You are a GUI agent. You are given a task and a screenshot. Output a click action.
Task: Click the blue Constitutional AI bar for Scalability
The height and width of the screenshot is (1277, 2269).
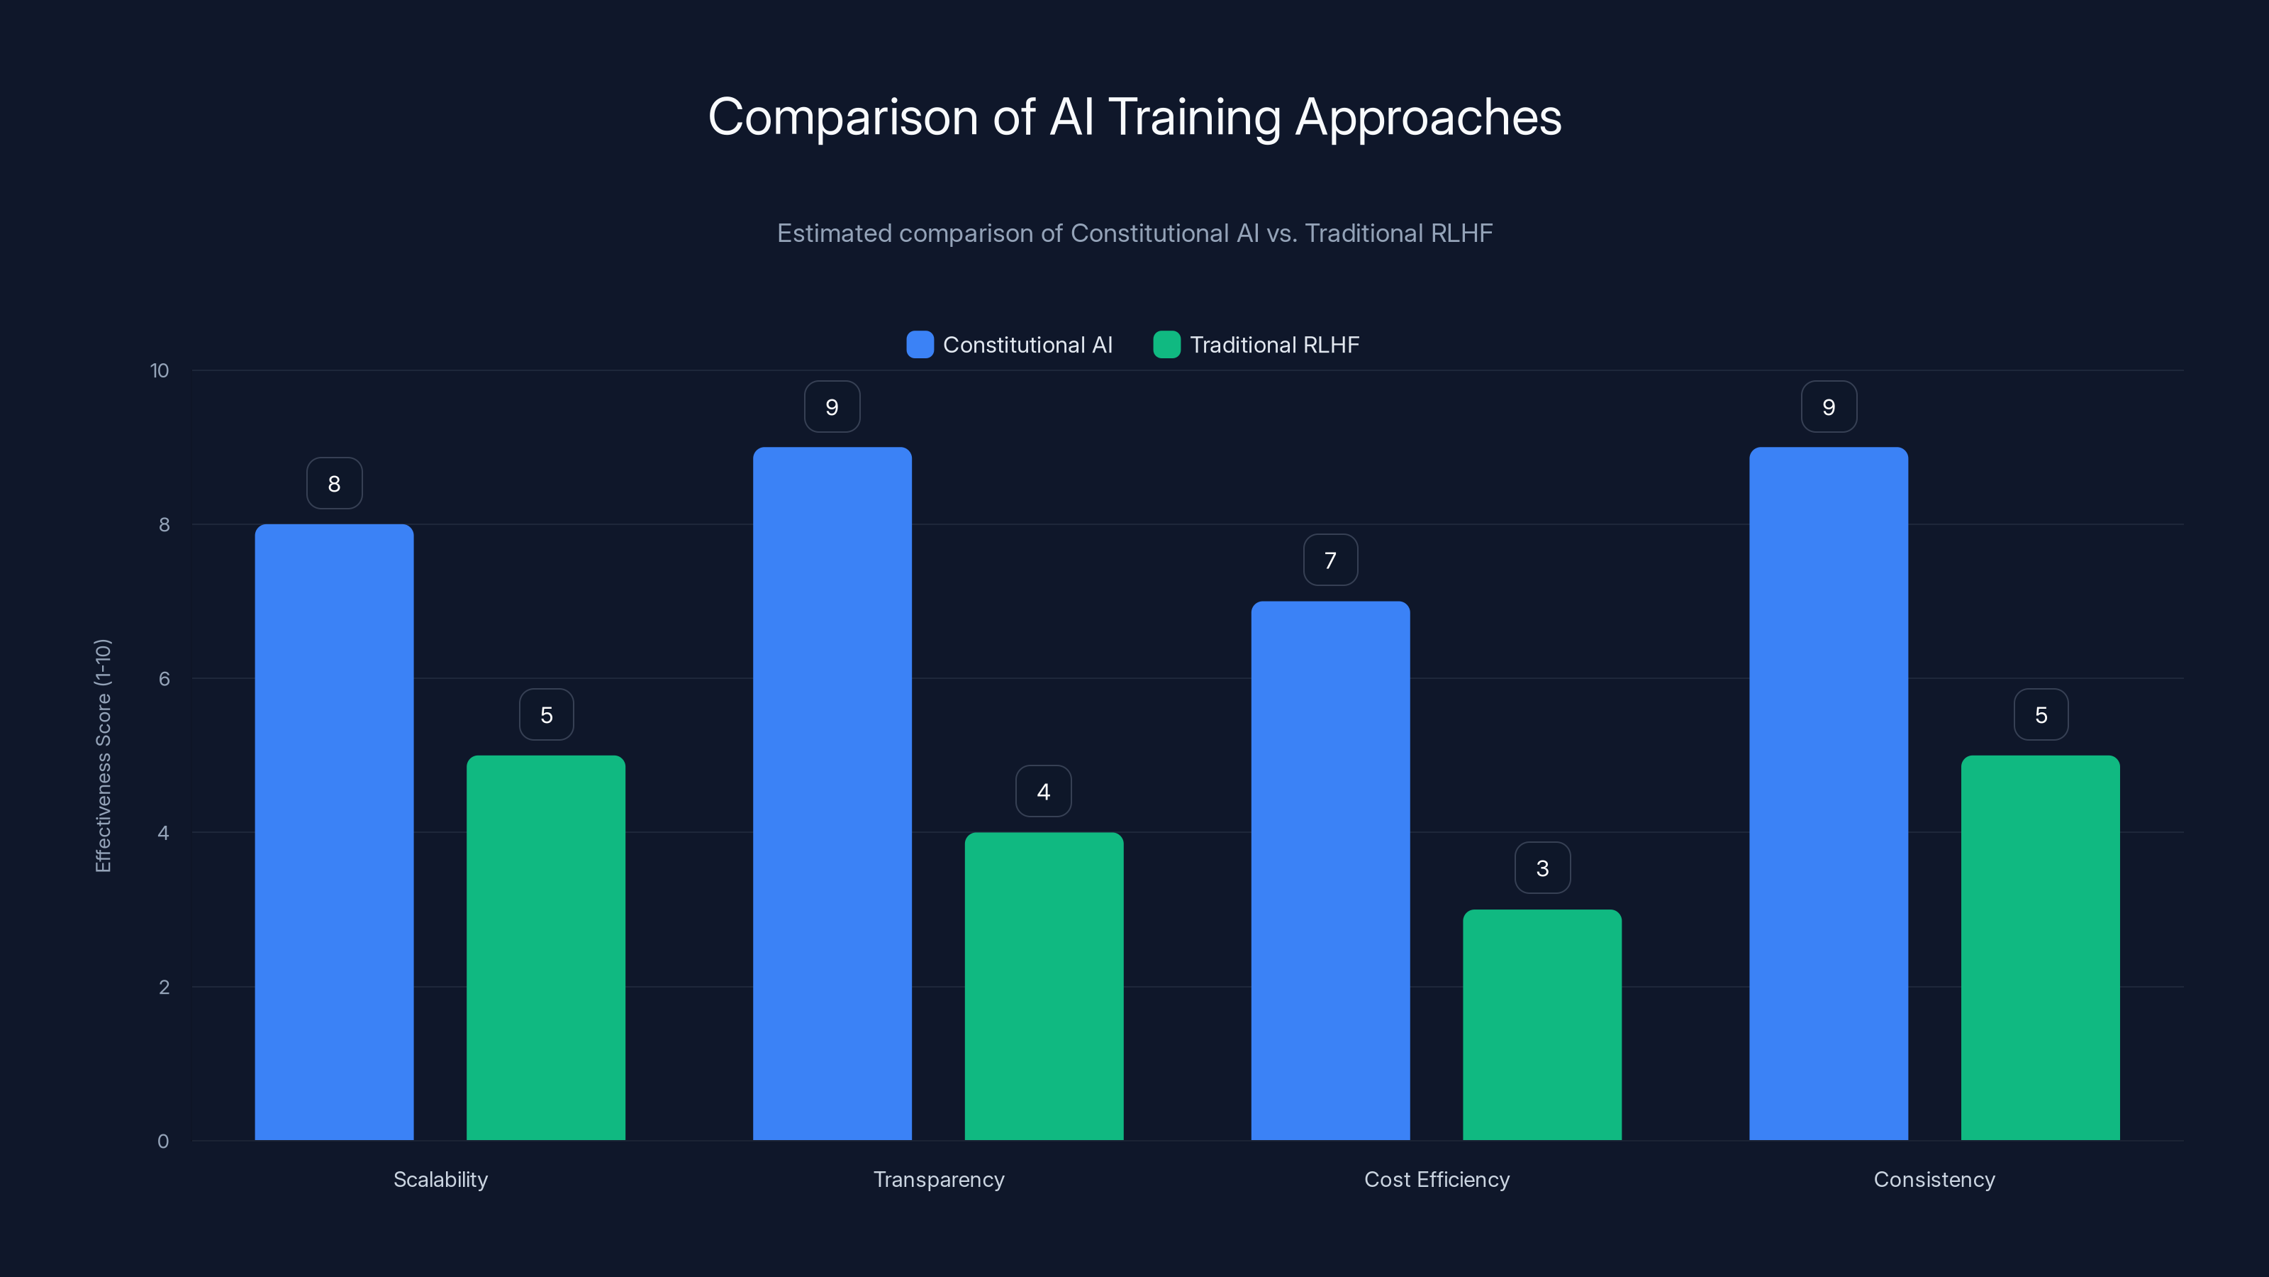point(334,832)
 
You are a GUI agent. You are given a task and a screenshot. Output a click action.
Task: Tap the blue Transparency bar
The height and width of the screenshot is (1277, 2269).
point(832,793)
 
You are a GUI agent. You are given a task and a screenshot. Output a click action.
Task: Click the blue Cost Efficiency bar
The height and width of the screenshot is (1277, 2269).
point(1330,870)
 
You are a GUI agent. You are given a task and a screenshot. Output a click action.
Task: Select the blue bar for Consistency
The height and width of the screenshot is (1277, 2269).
point(1829,793)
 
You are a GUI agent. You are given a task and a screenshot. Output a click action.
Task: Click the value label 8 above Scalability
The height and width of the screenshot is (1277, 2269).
point(334,483)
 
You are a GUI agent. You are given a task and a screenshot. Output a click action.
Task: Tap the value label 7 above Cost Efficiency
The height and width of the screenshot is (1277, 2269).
point(1330,560)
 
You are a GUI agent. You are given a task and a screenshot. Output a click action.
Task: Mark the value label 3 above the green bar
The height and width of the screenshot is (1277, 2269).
point(1542,868)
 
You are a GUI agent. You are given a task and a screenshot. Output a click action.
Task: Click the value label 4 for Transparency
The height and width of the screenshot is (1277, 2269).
point(1044,792)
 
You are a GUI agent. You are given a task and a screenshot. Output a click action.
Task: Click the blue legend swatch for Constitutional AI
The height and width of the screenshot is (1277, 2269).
point(920,345)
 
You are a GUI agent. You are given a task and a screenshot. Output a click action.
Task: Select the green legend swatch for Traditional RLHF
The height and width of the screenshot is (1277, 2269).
point(1166,345)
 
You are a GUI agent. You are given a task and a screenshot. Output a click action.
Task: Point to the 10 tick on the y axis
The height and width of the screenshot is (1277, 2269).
point(160,370)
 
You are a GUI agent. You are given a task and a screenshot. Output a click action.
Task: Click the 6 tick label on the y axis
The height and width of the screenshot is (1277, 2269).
point(164,679)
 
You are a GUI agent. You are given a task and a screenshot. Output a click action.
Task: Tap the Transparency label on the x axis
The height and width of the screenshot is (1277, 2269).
point(938,1179)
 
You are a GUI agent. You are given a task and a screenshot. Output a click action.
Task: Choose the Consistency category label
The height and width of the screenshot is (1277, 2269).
point(1934,1179)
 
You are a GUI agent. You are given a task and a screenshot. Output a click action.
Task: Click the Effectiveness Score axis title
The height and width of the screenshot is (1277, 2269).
point(103,756)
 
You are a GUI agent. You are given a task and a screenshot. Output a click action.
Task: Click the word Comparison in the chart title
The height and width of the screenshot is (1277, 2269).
point(842,117)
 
